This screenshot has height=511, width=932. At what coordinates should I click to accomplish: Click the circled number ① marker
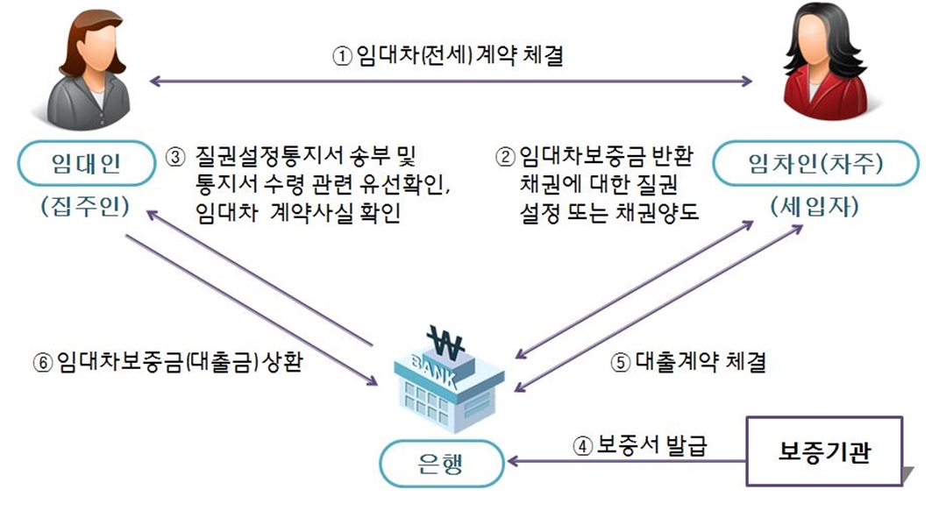341,57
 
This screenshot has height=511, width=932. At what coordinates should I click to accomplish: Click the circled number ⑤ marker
621,363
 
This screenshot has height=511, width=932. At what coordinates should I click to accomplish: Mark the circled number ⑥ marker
44,363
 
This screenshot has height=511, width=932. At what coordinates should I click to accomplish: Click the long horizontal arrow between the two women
452,82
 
